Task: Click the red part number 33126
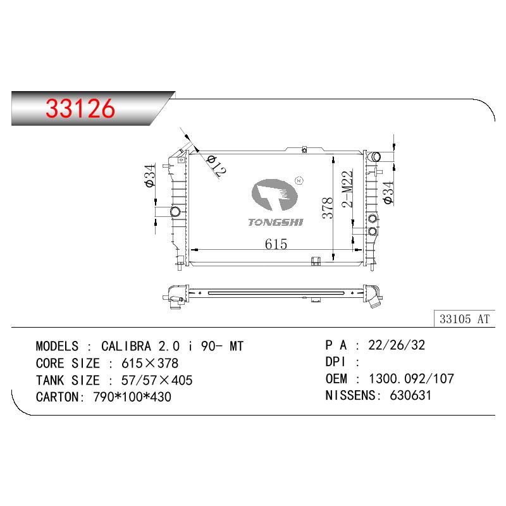(80, 108)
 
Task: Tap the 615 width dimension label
(276, 244)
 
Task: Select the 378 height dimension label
(327, 208)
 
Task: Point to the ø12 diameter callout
(216, 166)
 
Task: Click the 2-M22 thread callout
(347, 188)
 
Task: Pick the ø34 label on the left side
(150, 176)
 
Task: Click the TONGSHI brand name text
(276, 223)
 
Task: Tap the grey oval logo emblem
(275, 195)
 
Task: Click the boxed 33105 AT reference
(464, 319)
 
